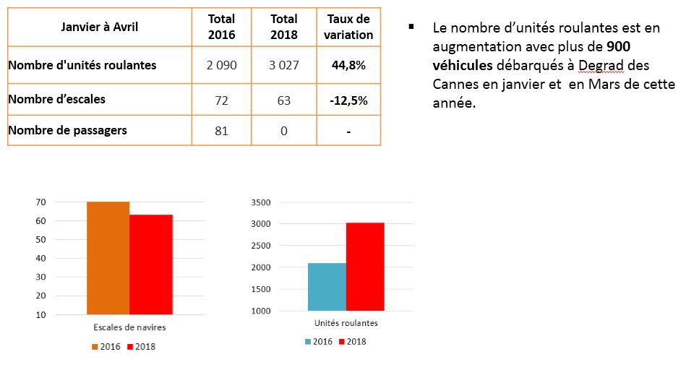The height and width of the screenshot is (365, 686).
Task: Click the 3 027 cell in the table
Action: tap(284, 65)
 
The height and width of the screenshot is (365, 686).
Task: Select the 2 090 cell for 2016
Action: tap(221, 65)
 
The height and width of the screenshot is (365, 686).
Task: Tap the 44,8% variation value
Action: tap(348, 65)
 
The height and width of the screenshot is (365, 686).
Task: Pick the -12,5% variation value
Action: tap(348, 100)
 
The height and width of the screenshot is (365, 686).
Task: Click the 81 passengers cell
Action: tap(221, 131)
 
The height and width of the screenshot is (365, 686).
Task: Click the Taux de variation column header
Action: tap(348, 27)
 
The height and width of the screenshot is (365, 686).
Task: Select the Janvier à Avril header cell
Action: tap(100, 27)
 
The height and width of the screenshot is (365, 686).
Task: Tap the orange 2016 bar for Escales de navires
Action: tap(108, 258)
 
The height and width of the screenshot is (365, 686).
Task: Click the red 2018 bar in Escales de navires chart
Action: tap(150, 265)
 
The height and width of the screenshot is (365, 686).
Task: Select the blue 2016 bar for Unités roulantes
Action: tap(327, 287)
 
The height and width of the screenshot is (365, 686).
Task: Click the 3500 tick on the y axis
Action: tap(260, 202)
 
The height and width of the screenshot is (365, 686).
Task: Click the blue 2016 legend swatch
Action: tap(309, 341)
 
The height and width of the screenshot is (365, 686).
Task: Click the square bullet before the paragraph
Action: tap(411, 27)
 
